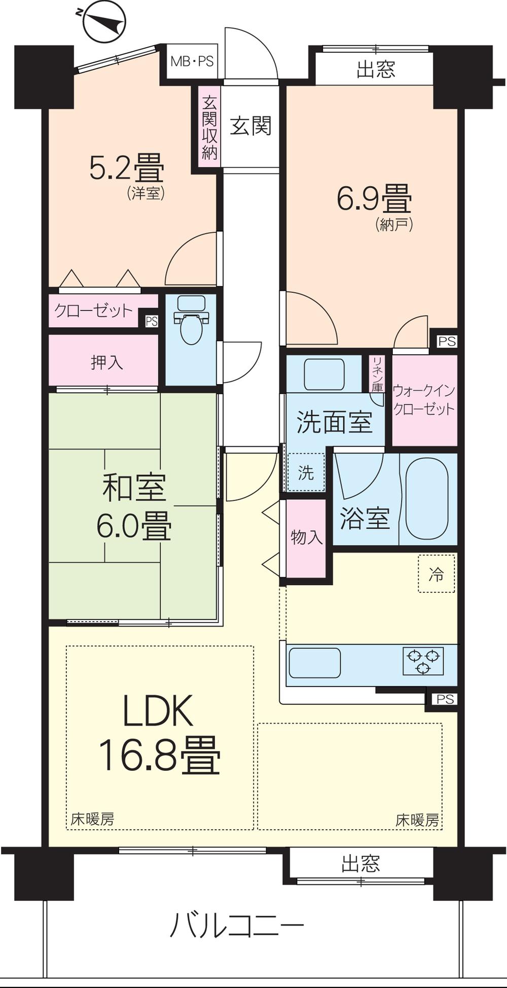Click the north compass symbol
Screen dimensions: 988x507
point(104,21)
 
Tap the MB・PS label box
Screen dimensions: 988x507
point(192,62)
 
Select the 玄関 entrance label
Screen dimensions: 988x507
point(250,126)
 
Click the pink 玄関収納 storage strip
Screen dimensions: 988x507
point(209,128)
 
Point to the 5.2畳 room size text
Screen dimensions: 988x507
point(126,168)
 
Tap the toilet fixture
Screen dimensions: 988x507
point(191,321)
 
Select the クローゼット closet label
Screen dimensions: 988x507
point(93,311)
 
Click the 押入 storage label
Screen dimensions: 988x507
point(106,362)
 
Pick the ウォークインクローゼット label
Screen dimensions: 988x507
point(424,400)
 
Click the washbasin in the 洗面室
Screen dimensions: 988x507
point(324,374)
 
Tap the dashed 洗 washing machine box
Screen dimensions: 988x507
point(306,473)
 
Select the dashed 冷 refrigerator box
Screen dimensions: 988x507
point(436,574)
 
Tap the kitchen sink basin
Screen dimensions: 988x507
point(314,663)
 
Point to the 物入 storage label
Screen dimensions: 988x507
point(306,537)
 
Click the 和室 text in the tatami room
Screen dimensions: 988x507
point(134,487)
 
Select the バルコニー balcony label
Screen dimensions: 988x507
point(236,925)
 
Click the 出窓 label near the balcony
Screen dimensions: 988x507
point(360,863)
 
